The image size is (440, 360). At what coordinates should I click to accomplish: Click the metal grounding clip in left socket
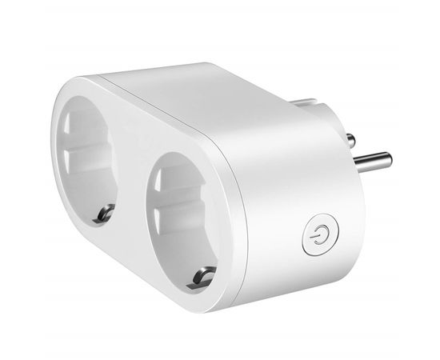pyautogui.click(x=102, y=212)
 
